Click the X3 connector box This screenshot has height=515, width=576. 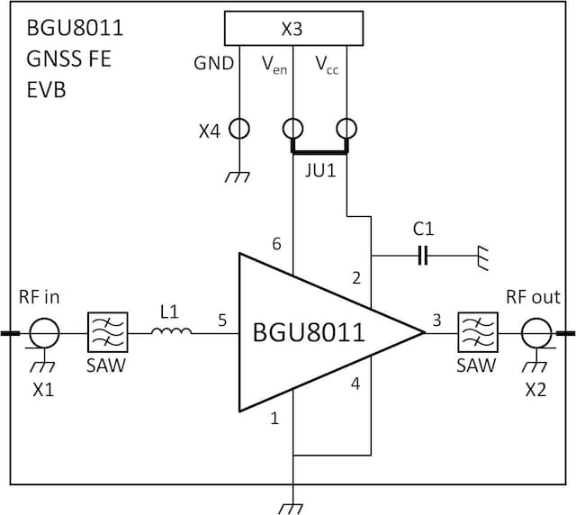(292, 29)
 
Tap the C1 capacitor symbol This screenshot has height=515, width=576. (423, 257)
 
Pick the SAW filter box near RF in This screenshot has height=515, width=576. (106, 333)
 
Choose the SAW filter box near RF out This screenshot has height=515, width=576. (476, 333)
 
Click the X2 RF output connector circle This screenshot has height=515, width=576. (540, 334)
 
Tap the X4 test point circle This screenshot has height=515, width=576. (239, 129)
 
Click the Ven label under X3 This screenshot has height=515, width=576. (274, 64)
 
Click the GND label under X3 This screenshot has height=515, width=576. (214, 64)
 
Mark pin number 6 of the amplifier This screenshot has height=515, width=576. (276, 244)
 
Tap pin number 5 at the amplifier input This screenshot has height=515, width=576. (221, 319)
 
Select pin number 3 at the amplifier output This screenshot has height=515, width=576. (436, 319)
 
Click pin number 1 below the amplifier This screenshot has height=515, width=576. (274, 418)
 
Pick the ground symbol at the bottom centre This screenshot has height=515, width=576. (292, 506)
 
